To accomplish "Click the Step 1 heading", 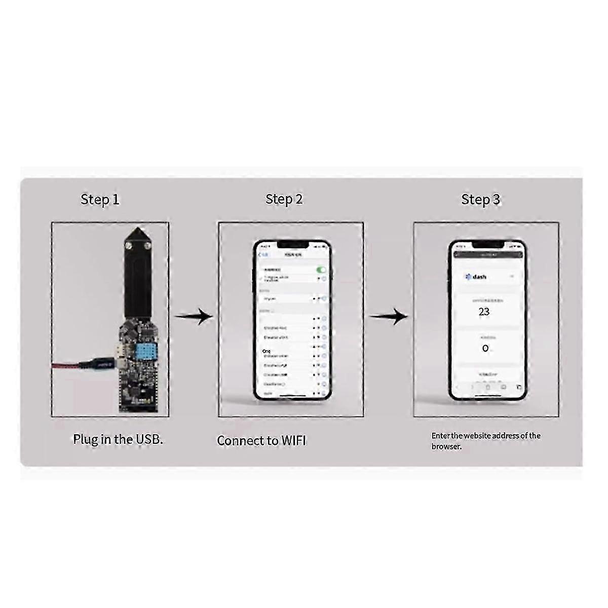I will [100, 200].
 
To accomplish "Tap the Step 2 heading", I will [284, 199].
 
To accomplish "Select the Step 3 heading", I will [480, 200].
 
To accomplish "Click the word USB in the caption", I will [149, 439].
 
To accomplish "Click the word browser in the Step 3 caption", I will [446, 447].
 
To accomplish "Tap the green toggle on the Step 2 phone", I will [321, 270].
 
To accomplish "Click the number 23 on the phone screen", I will [484, 312].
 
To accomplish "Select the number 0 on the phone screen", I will [485, 349].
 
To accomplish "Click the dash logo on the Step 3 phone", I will [476, 277].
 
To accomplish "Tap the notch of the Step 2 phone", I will [292, 245].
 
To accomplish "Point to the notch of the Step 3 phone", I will [487, 245].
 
